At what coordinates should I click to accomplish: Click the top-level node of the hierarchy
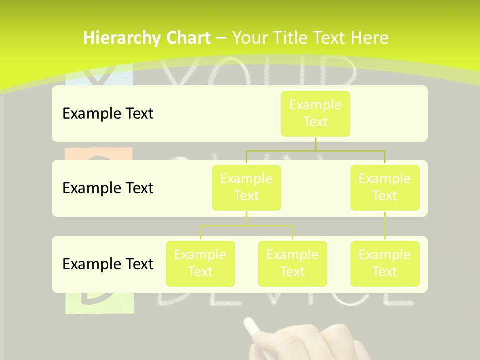pyautogui.click(x=315, y=113)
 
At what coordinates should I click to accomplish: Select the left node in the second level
pyautogui.click(x=246, y=187)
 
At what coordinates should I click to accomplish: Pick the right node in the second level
pyautogui.click(x=385, y=187)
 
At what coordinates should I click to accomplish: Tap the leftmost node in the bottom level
pyautogui.click(x=200, y=263)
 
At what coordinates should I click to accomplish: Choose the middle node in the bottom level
pyautogui.click(x=292, y=263)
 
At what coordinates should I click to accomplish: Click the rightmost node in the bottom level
pyautogui.click(x=385, y=263)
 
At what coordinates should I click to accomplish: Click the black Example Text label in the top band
pyautogui.click(x=108, y=114)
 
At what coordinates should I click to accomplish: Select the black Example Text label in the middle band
pyautogui.click(x=108, y=188)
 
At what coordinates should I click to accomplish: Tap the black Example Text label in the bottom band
pyautogui.click(x=108, y=264)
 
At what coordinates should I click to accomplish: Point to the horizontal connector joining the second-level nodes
pyautogui.click(x=316, y=150)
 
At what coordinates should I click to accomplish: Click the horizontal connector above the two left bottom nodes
pyautogui.click(x=246, y=226)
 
